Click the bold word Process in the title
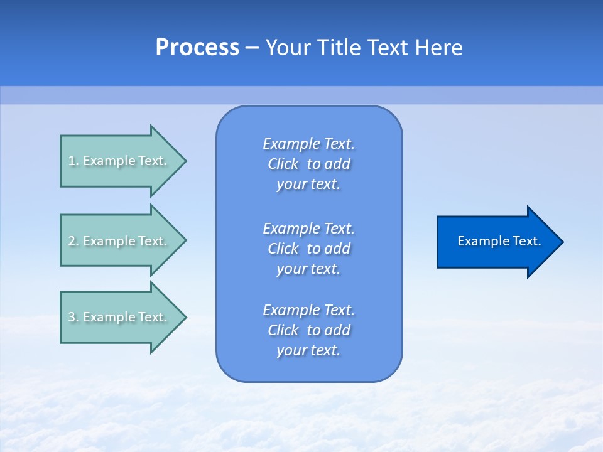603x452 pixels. pos(197,48)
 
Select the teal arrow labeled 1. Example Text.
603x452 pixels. pos(119,161)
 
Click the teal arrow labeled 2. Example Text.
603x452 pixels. pos(119,241)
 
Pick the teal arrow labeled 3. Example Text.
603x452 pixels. pos(119,317)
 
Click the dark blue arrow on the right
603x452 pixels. pos(496,242)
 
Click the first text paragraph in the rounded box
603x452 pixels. pos(308,164)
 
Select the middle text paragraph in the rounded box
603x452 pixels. pos(308,249)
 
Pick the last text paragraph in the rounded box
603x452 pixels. pos(308,330)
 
